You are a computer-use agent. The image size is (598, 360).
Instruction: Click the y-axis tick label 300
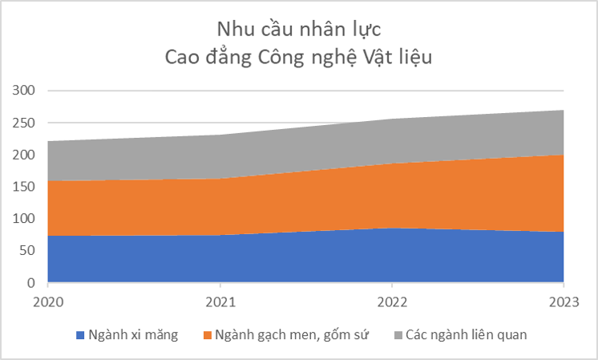coord(25,91)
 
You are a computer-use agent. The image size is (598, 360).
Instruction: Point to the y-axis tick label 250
coord(25,123)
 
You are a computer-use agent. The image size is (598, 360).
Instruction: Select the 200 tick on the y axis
coord(25,155)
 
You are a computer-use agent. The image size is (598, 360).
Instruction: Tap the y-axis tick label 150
coord(25,187)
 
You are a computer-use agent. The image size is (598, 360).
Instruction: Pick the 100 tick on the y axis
coord(25,219)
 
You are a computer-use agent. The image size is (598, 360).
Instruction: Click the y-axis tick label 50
coord(29,251)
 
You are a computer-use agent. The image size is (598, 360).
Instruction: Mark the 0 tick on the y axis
coord(33,283)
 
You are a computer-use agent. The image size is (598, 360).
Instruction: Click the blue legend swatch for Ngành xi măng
coord(79,335)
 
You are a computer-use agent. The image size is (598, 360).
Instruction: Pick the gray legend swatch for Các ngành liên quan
coord(397,335)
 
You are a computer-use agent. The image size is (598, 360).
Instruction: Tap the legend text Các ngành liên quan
coord(466,335)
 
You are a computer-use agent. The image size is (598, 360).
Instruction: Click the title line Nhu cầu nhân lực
coord(298,28)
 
